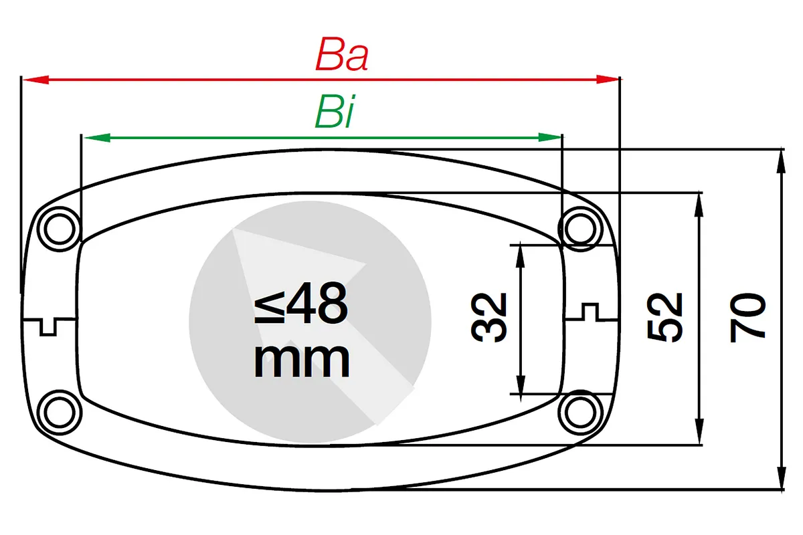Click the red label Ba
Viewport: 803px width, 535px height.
pos(342,54)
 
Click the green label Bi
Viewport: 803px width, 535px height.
pos(335,112)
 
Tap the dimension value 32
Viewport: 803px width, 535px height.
pos(488,318)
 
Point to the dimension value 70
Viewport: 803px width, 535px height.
pos(747,318)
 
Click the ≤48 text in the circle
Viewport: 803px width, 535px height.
pos(300,304)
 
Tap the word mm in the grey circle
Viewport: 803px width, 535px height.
pos(302,360)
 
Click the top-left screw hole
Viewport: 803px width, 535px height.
pos(60,229)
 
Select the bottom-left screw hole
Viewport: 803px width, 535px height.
pos(60,413)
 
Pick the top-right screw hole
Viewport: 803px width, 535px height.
pos(580,229)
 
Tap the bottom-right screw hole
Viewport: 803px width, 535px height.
pos(580,413)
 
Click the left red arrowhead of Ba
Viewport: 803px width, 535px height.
pos(35,80)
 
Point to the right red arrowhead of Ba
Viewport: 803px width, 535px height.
pos(608,79)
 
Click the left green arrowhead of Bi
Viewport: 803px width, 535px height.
pos(97,138)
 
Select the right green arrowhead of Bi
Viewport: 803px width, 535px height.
pos(549,137)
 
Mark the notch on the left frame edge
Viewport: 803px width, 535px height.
pos(48,326)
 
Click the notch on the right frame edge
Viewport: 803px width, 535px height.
pos(590,312)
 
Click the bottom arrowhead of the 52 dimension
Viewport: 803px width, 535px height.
pos(699,432)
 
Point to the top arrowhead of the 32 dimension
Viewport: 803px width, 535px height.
pos(520,256)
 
